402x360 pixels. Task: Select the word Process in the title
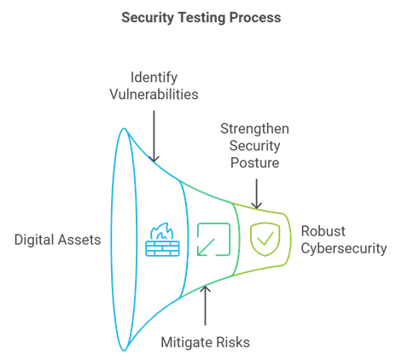point(255,18)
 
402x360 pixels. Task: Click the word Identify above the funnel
point(154,78)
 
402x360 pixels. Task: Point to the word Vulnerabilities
point(154,94)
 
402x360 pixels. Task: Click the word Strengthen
point(254,129)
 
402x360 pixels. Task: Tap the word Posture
point(254,163)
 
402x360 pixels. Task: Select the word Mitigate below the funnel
point(187,342)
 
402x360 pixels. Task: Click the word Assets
point(79,240)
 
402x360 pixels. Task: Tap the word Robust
point(323,231)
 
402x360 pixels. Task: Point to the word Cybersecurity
point(344,248)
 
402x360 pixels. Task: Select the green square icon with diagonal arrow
point(213,240)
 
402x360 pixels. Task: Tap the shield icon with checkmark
point(265,239)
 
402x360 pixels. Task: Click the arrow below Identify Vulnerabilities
point(154,136)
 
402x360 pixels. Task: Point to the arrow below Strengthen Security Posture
point(257,194)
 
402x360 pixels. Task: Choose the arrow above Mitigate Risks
point(205,305)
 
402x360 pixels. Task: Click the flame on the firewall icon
point(162,231)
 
